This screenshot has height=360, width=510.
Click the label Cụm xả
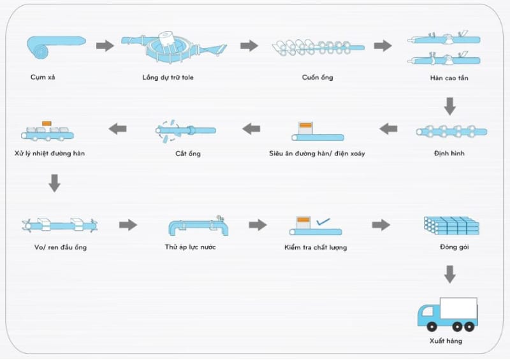coord(43,77)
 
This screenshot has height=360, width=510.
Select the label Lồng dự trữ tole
coord(168,77)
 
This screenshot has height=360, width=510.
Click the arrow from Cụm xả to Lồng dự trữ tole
coord(105,45)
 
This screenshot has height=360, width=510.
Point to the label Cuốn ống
coord(317,77)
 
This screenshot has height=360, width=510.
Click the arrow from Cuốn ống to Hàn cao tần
coord(383,45)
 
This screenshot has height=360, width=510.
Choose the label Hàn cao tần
coord(449,78)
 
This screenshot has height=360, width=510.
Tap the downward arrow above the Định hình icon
coord(450,106)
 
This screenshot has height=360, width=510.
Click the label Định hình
coord(449,153)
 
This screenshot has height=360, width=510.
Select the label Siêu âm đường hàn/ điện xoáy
coord(317,153)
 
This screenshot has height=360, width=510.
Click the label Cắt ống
coord(188,154)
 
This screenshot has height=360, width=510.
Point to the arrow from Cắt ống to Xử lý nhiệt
coord(117,129)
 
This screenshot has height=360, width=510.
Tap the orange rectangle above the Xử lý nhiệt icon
coord(47,124)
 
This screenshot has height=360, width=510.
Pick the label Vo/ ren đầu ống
coord(61,247)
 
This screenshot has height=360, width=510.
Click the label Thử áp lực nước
coord(190,247)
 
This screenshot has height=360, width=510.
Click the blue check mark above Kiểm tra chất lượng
coord(323,222)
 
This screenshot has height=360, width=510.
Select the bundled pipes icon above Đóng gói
coord(451,226)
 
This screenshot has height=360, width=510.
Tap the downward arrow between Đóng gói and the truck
coord(450,274)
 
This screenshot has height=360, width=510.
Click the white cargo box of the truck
coord(458,308)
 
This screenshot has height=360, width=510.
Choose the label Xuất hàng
coord(446,341)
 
